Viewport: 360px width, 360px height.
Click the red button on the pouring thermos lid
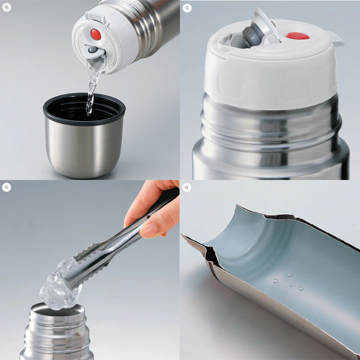pyautogui.click(x=95, y=34)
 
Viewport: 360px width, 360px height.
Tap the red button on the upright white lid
pyautogui.click(x=297, y=36)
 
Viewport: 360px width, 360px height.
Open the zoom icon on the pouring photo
pyautogui.click(x=7, y=7)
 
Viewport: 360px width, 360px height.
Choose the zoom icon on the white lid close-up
pyautogui.click(x=187, y=8)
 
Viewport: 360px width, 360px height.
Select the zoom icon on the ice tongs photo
pyautogui.click(x=7, y=187)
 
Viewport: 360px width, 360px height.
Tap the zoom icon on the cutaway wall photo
pyautogui.click(x=187, y=187)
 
